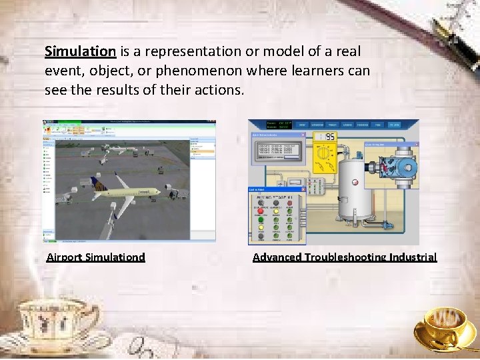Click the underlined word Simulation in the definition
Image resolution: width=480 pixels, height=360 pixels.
[80, 51]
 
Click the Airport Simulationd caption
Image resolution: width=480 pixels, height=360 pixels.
[95, 257]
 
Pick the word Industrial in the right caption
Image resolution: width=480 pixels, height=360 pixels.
[412, 257]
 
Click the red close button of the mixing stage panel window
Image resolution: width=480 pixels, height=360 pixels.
[301, 189]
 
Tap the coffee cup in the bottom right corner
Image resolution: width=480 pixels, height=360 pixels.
[443, 327]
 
